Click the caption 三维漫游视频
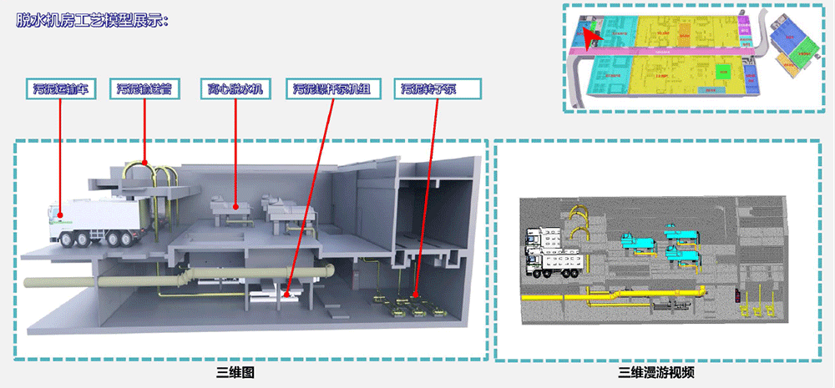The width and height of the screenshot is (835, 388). (x=656, y=373)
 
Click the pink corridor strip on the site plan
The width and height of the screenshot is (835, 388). (x=660, y=52)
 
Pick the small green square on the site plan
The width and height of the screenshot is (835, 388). (x=721, y=70)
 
